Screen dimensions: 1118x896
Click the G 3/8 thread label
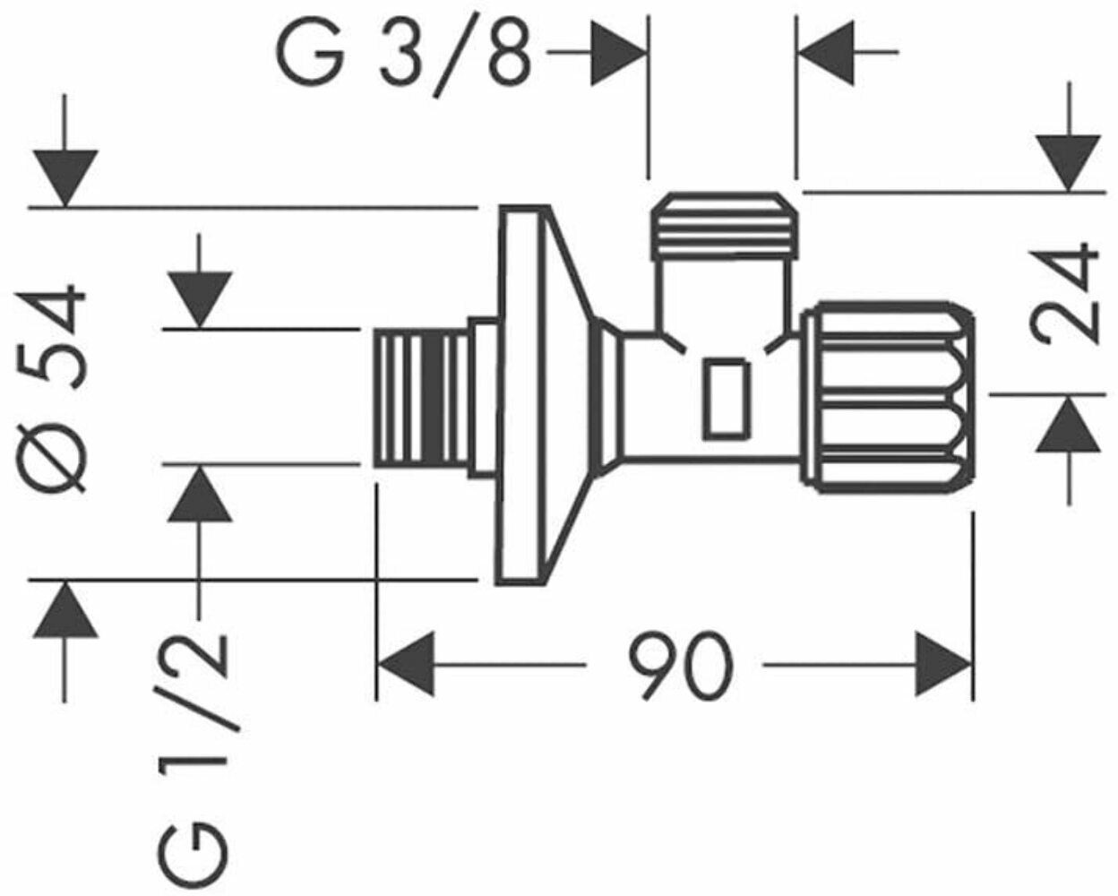[x=404, y=56]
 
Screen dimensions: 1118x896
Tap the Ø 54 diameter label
[x=50, y=387]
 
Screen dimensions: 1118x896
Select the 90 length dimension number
[x=681, y=664]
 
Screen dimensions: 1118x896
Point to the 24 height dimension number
[x=1064, y=293]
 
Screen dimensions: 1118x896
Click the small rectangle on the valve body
[x=727, y=399]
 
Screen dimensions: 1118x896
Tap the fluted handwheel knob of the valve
[x=886, y=397]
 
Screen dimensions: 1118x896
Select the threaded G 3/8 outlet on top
[x=726, y=226]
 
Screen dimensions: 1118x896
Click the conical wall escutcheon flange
[x=546, y=395]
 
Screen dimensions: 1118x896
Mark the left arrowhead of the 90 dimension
[x=405, y=664]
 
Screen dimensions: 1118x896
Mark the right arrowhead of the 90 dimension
[x=943, y=664]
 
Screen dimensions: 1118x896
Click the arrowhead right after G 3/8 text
[x=618, y=53]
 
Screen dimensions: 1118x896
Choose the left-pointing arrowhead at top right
[x=826, y=53]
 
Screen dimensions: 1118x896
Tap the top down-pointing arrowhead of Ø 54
[x=64, y=177]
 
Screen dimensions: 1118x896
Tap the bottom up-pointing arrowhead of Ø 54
[x=64, y=609]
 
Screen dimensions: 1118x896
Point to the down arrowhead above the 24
[x=1068, y=163]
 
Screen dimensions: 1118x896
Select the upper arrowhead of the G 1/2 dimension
[x=200, y=300]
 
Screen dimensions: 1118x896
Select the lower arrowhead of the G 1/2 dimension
[x=200, y=493]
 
